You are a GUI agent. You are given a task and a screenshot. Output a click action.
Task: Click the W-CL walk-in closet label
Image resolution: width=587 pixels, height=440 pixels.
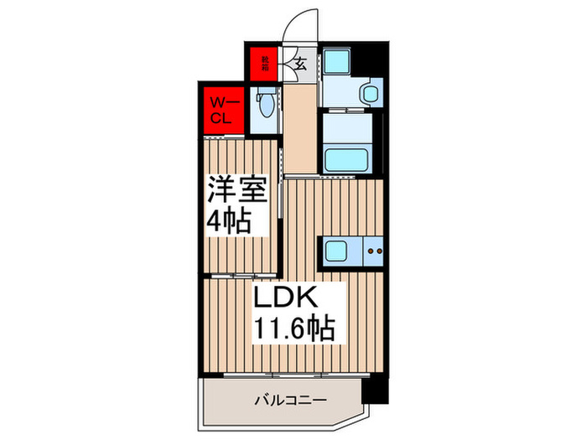pyautogui.click(x=225, y=110)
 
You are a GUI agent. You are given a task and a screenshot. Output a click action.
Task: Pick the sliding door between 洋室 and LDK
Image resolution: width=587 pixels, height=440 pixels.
pyautogui.click(x=239, y=275)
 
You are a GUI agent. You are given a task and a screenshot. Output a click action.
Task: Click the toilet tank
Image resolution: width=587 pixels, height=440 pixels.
pyautogui.click(x=267, y=94)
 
